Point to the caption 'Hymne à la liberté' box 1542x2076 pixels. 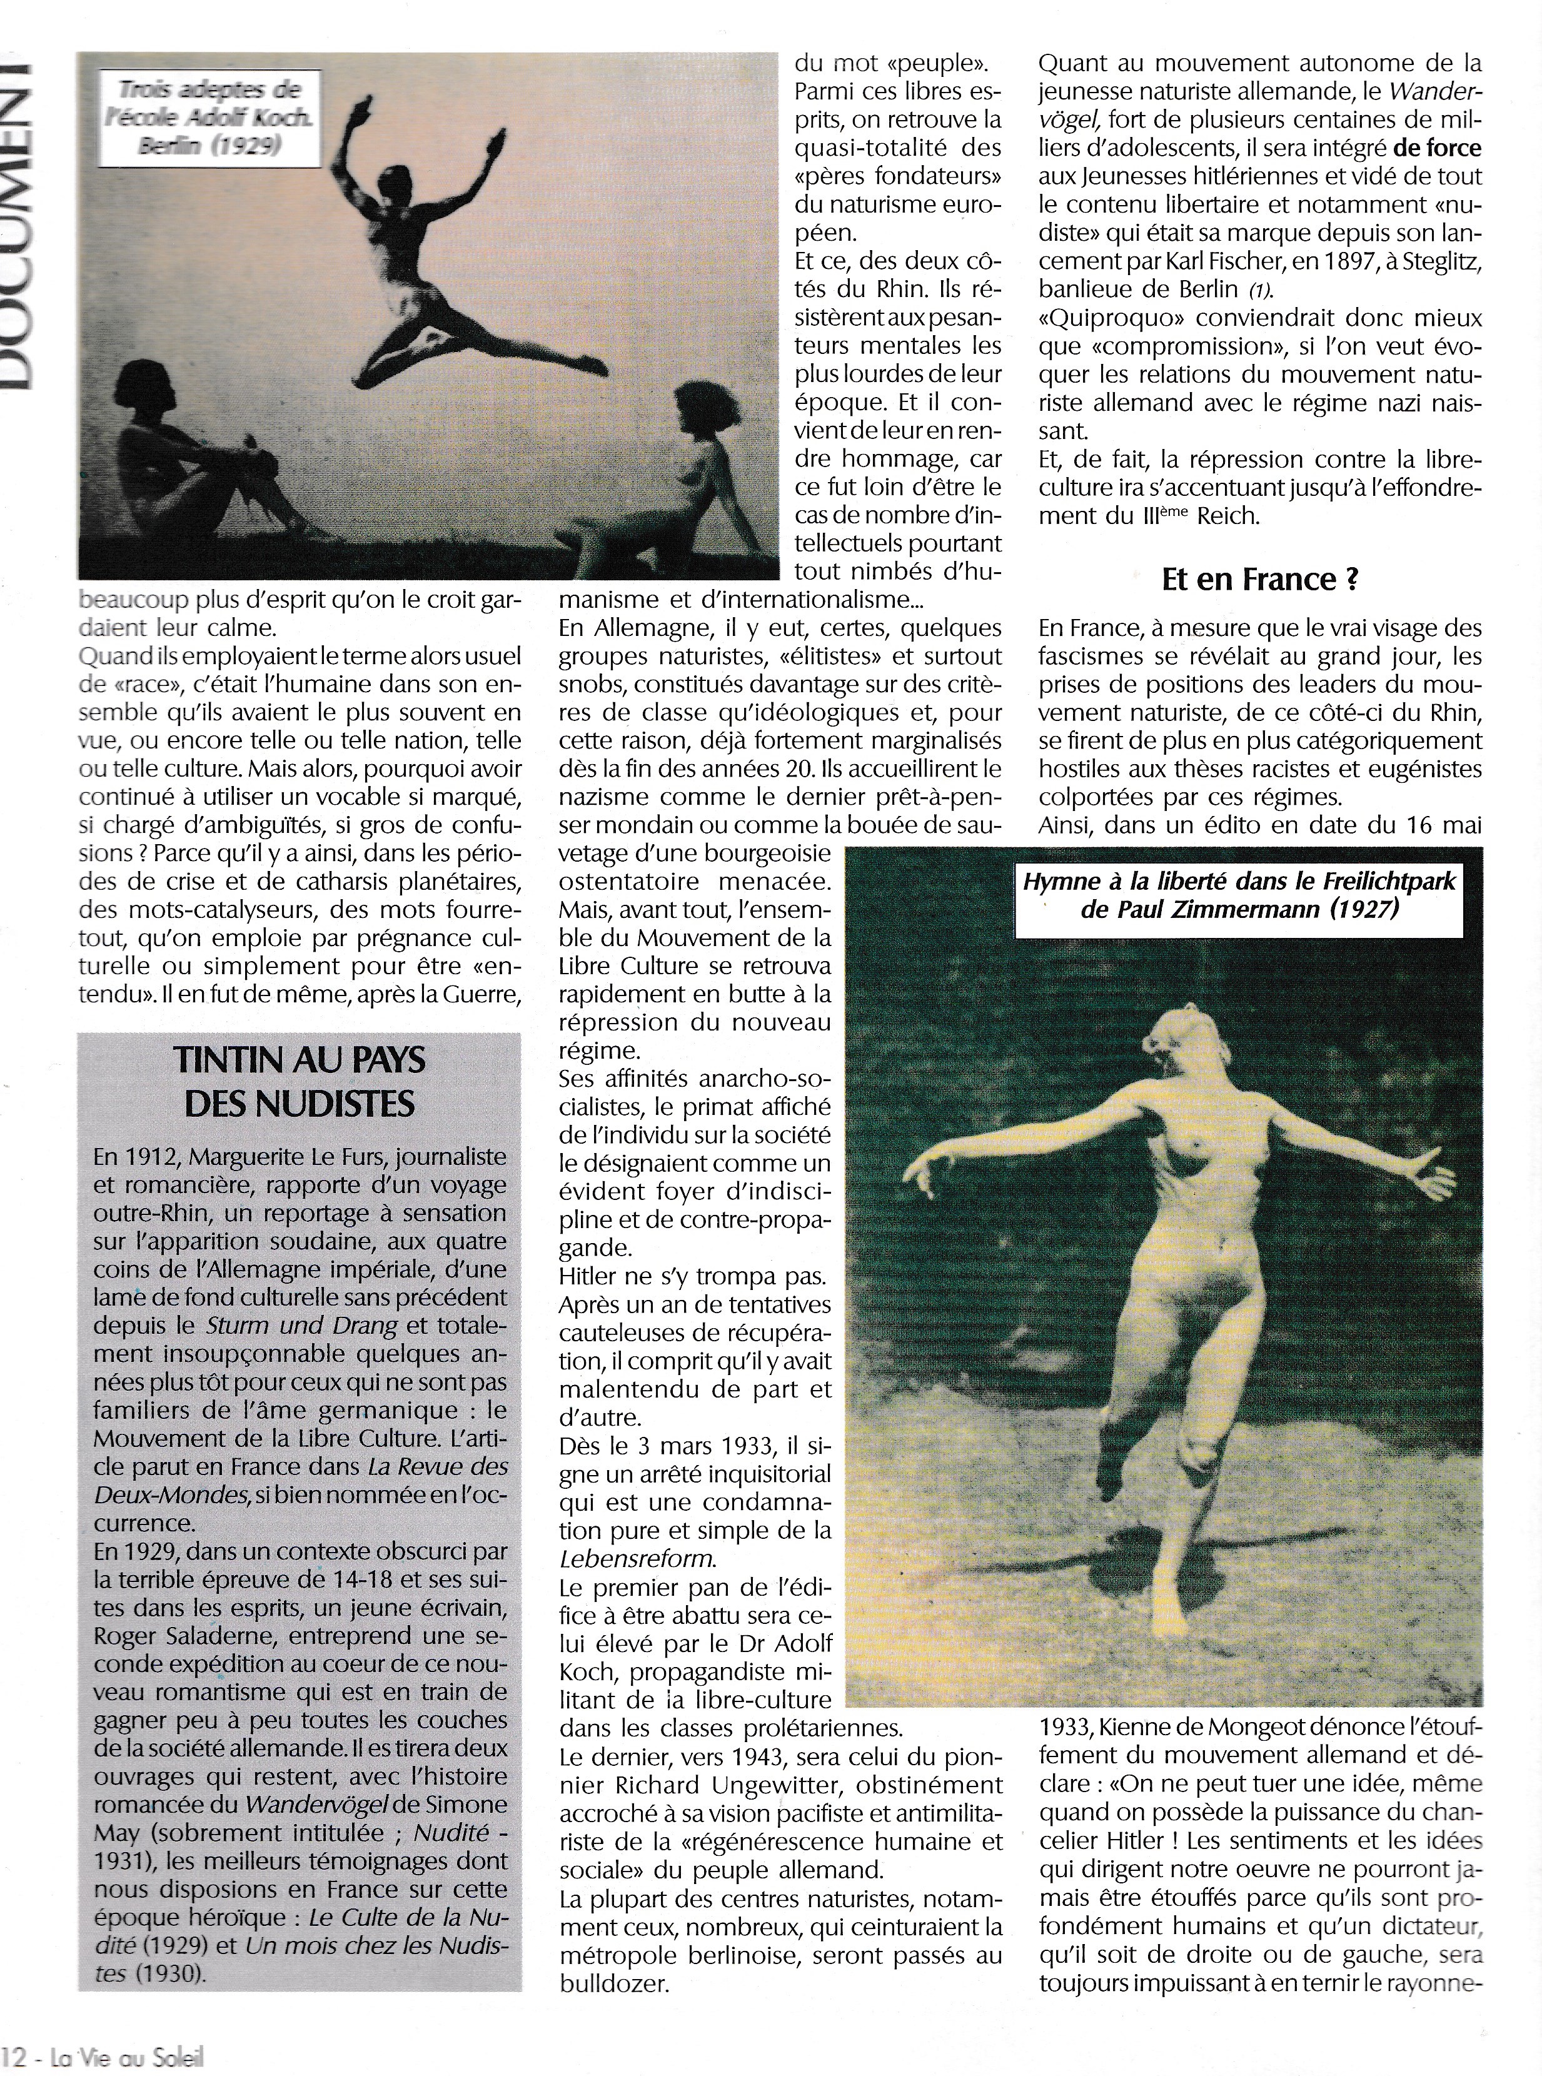pos(1239,894)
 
